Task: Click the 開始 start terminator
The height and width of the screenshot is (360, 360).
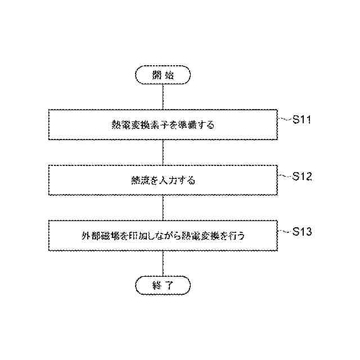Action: [x=163, y=74]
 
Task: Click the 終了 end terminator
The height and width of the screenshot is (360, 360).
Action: [x=163, y=285]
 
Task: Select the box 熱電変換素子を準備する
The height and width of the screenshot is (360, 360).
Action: [x=163, y=125]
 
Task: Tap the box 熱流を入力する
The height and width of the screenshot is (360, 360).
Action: [x=163, y=181]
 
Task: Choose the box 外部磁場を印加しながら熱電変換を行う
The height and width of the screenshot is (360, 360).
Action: [x=163, y=236]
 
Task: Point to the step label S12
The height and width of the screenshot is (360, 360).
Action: [x=302, y=176]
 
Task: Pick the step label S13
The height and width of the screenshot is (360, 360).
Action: [x=302, y=231]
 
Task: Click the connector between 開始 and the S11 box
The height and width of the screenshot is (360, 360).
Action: [x=163, y=96]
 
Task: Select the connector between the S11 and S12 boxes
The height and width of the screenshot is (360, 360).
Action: [x=163, y=152]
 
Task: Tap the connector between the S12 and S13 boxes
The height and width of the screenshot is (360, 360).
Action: [x=163, y=208]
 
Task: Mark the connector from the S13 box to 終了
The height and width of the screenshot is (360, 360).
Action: [x=163, y=263]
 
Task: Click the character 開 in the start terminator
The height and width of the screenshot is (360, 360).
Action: [x=156, y=74]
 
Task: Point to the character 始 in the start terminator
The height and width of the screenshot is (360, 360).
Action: [x=170, y=74]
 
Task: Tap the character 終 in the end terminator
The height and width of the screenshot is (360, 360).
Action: [x=156, y=285]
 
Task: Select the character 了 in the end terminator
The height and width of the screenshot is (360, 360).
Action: [x=170, y=285]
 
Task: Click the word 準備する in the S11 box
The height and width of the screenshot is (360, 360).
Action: [x=196, y=125]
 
